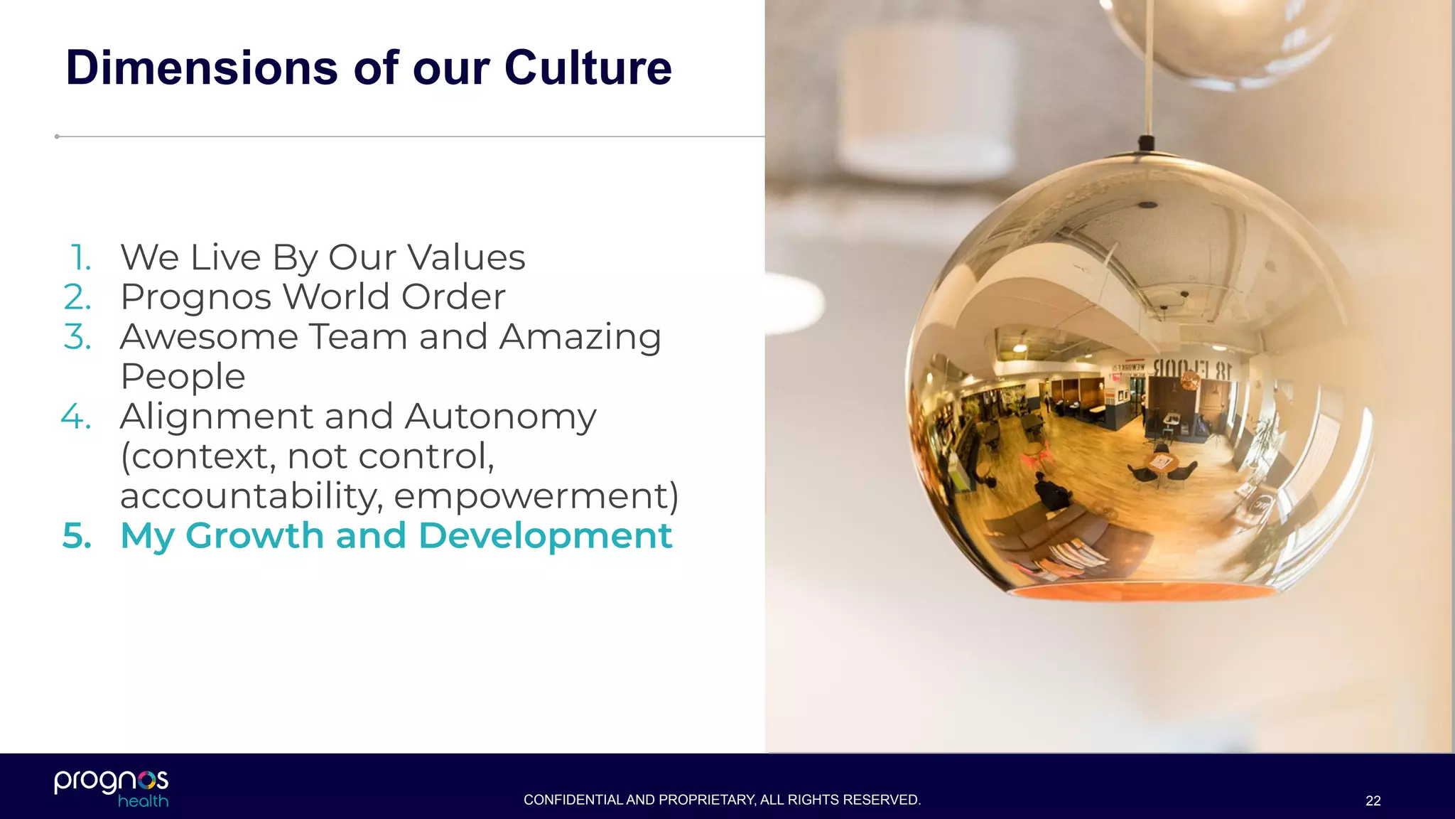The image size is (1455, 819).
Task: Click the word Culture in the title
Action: point(588,68)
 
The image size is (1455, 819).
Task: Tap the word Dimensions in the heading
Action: point(202,68)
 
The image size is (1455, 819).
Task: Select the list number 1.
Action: point(81,257)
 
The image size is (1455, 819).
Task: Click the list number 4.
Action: point(76,417)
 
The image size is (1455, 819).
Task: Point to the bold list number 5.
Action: point(77,536)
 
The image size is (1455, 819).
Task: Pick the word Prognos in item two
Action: point(196,298)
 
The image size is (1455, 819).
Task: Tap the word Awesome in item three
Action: point(209,337)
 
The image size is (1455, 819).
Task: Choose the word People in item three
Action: point(183,377)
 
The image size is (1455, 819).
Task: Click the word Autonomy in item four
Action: point(500,417)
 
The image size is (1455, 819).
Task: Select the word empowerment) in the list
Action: point(536,496)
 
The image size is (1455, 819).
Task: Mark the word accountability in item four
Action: point(251,496)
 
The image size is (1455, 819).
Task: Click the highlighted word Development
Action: point(545,536)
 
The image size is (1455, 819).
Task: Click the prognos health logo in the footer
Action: point(112,788)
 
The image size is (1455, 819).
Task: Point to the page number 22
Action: point(1373,801)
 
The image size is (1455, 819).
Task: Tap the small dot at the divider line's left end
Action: point(57,136)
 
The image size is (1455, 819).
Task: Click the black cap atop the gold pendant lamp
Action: point(1146,143)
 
